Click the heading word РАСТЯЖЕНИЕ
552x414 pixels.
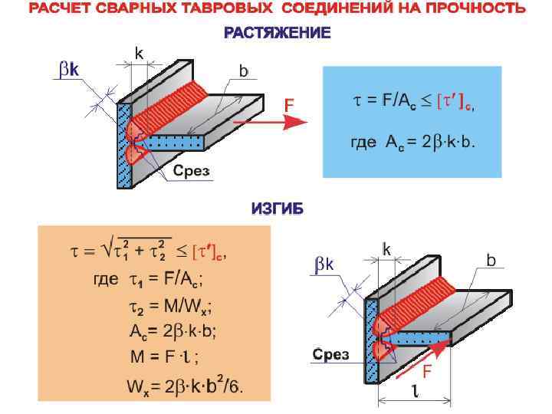[x=277, y=33]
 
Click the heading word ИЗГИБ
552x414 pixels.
[x=277, y=209]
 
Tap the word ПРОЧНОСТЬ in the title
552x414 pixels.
[x=478, y=9]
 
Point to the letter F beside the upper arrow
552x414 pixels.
[x=290, y=103]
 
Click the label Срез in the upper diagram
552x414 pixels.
[x=190, y=171]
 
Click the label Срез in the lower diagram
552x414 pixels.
[x=330, y=354]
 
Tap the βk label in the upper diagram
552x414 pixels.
[x=68, y=70]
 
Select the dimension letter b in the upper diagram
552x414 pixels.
[x=243, y=71]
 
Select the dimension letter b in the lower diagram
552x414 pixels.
[x=491, y=261]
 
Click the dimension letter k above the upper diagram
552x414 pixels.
[x=139, y=54]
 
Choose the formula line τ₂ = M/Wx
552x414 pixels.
[x=169, y=307]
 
